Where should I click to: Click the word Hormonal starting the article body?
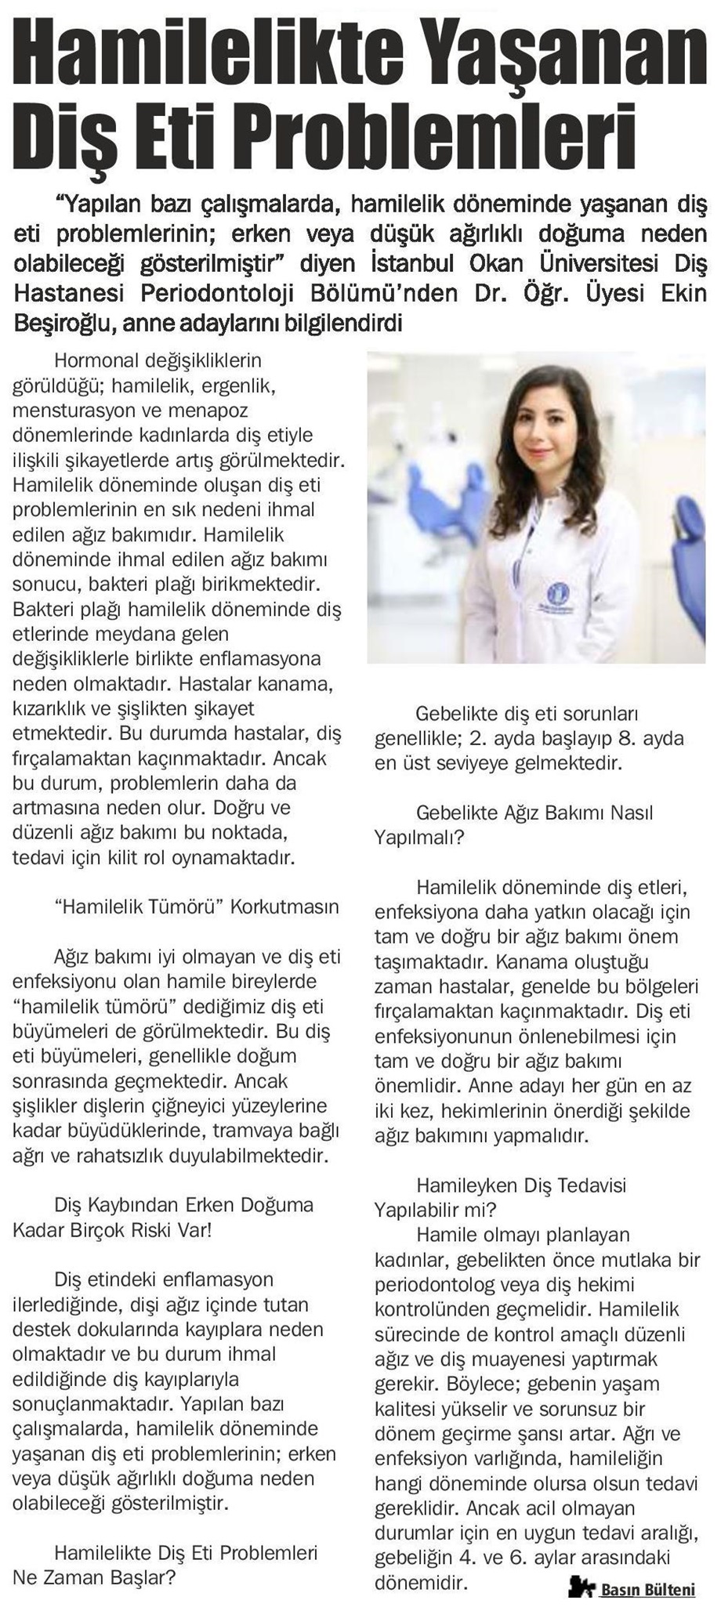94,361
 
